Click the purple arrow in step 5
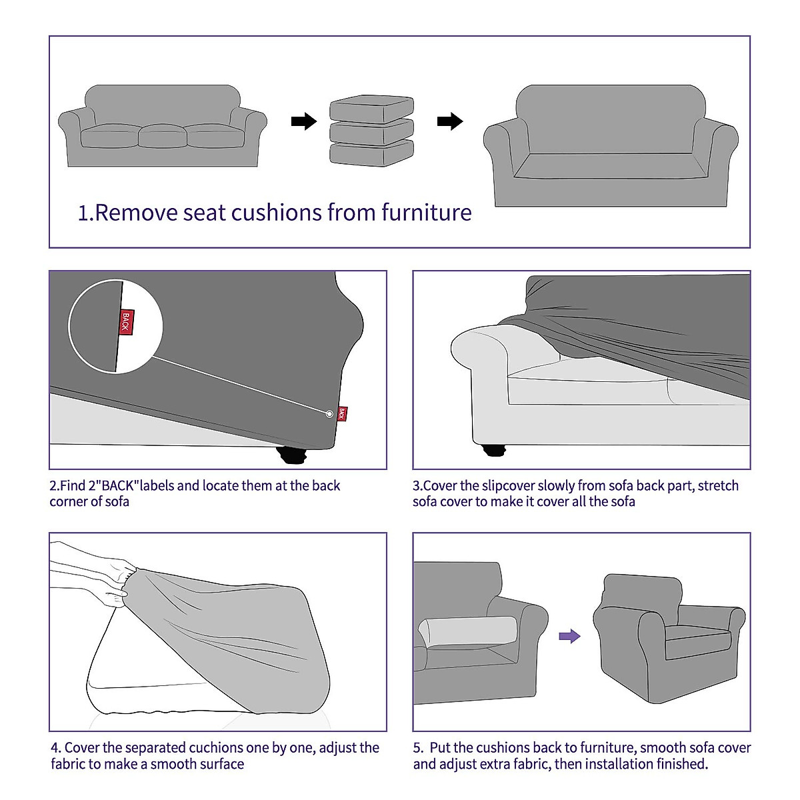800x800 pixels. [569, 636]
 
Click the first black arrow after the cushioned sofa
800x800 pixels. [304, 121]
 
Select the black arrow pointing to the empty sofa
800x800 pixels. [450, 121]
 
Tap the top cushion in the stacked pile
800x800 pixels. [371, 109]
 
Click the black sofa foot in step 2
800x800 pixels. [291, 456]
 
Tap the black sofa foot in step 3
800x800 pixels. [494, 449]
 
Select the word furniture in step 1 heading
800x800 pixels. [427, 213]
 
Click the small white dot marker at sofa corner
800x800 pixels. [329, 414]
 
